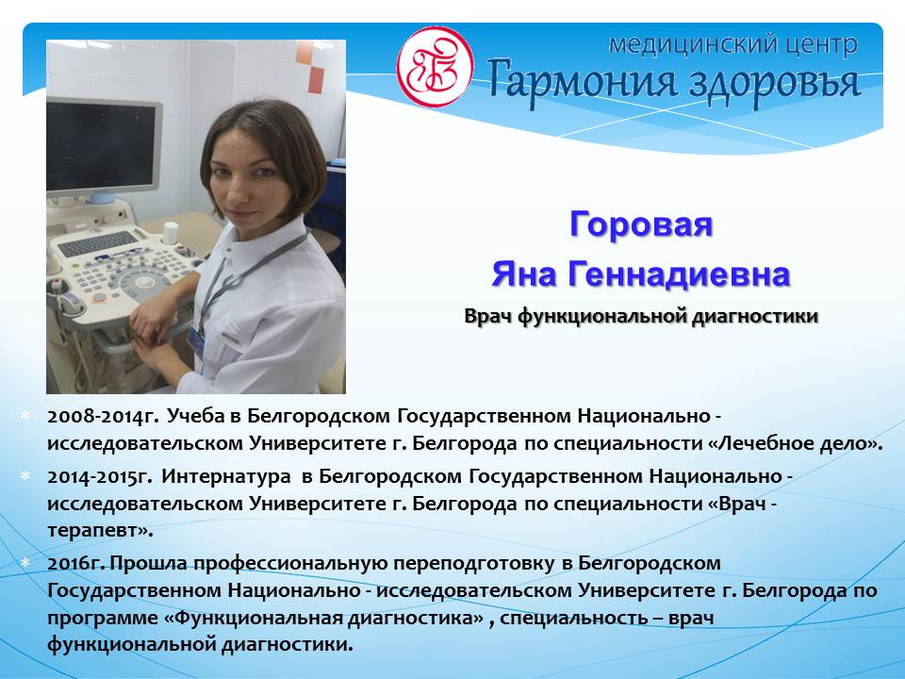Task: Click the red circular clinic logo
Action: coord(436,66)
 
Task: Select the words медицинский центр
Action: coord(733,44)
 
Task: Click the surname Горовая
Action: coord(641,224)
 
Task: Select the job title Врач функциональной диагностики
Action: coord(641,317)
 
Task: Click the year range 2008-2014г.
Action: coord(103,416)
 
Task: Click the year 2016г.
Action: coord(76,563)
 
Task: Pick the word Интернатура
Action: coord(226,476)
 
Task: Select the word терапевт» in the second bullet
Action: coord(101,531)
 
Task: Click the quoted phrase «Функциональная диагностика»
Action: coord(324,618)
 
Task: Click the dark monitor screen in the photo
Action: coord(102,147)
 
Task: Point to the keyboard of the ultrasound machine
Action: coord(98,243)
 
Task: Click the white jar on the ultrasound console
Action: coord(170,233)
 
